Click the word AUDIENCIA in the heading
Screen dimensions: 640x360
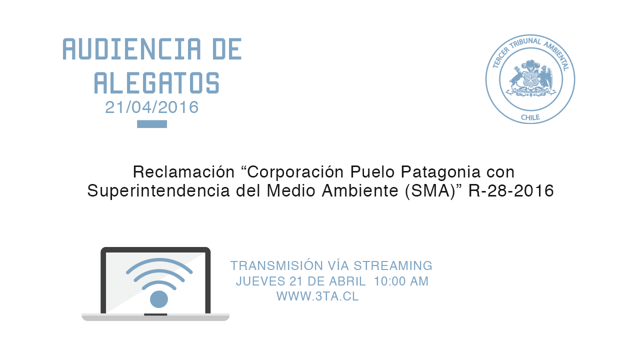pos(131,49)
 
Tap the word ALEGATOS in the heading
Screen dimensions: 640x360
pos(157,83)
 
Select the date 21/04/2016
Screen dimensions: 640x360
pos(151,107)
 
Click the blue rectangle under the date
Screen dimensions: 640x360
pos(152,124)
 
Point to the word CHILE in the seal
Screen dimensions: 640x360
pos(530,117)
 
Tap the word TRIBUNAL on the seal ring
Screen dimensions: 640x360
pos(525,43)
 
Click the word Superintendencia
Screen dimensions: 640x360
pos(158,191)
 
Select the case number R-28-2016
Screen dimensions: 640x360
pos(511,191)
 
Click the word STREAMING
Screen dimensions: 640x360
pos(393,265)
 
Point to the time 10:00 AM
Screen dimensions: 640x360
pos(401,281)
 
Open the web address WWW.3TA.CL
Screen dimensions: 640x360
pos(317,296)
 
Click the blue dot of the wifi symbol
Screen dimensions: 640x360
pos(159,299)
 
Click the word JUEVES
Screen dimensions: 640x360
pos(260,281)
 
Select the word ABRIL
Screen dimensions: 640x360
pos(347,281)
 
